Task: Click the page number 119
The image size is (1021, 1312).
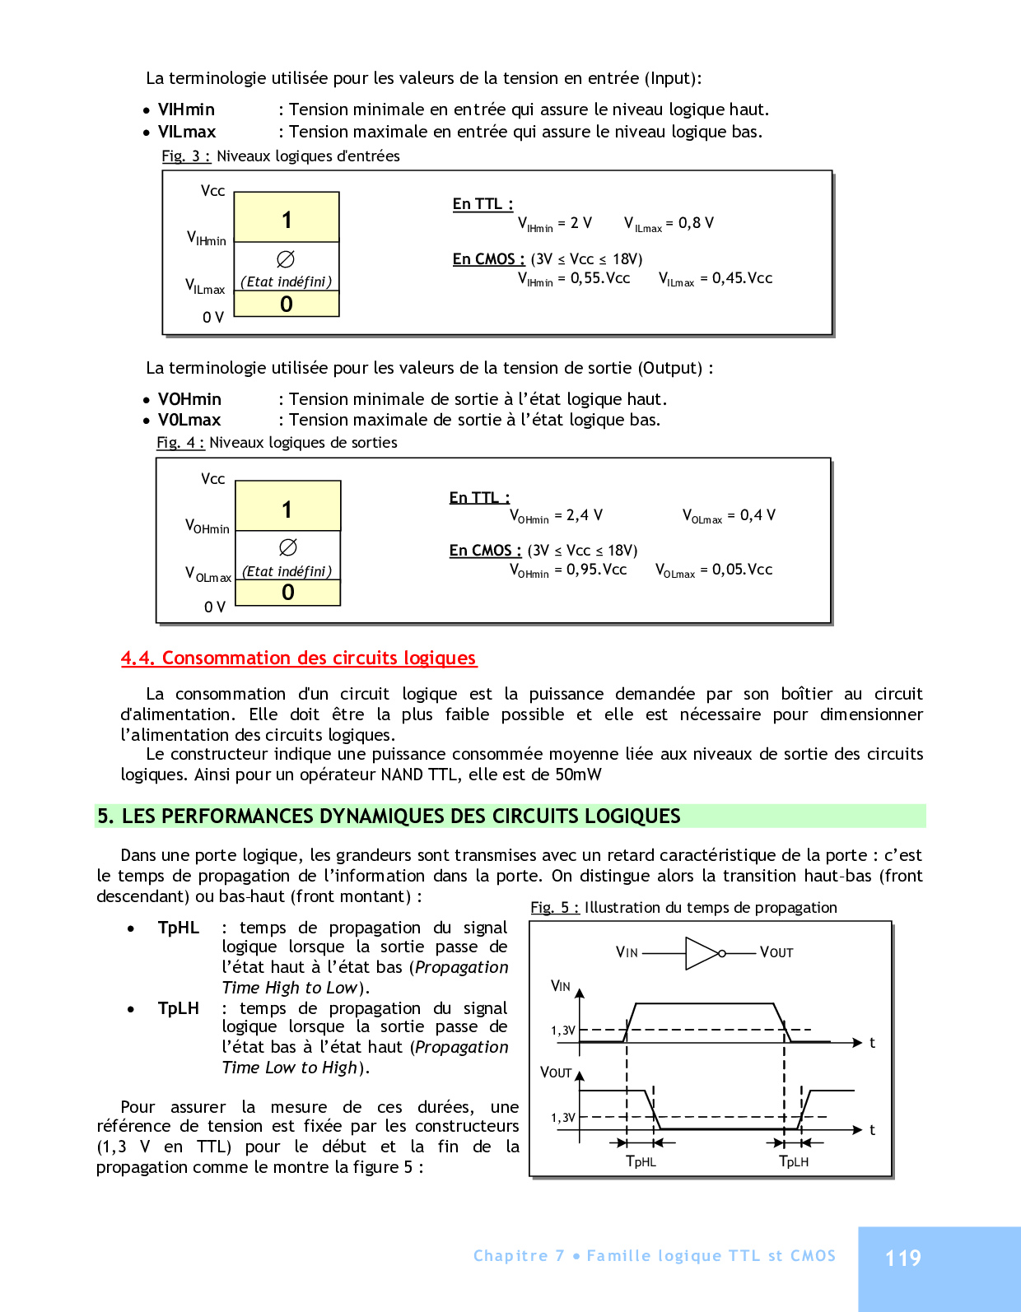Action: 902,1258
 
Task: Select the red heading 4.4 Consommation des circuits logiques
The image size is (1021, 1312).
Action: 298,658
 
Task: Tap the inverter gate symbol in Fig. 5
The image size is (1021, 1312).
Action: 705,953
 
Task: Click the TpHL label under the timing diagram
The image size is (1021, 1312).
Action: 641,1161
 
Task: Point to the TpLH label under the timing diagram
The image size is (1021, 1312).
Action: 794,1161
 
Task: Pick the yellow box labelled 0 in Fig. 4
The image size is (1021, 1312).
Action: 288,593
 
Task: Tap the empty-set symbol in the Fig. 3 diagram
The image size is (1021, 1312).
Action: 286,259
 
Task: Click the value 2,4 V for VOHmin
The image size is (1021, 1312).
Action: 584,515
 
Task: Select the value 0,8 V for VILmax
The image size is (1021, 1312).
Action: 696,223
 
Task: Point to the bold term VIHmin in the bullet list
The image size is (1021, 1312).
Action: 186,109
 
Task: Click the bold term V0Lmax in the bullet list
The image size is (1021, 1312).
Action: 189,420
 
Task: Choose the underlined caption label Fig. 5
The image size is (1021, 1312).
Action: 554,907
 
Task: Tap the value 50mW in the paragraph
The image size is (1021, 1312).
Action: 578,775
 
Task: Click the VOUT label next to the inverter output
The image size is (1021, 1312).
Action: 776,952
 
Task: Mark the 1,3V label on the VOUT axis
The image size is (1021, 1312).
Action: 563,1118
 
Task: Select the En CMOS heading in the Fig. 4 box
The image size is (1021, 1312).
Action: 485,551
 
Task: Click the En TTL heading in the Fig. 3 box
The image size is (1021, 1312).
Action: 483,204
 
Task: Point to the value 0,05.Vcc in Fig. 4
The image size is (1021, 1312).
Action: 742,570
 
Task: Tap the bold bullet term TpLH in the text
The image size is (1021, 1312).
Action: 179,1008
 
